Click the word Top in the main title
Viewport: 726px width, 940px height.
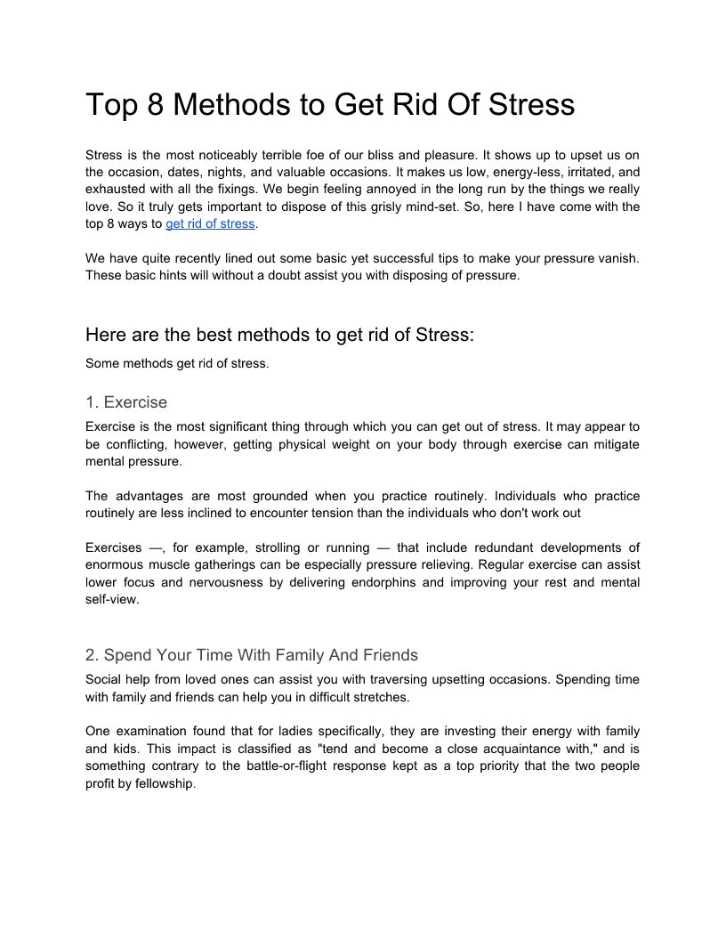(110, 105)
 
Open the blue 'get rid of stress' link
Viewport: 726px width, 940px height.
(210, 223)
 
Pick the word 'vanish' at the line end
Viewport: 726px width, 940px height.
(617, 258)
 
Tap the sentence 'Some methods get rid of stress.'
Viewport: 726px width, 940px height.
(177, 363)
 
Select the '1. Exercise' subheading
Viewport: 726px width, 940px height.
(126, 402)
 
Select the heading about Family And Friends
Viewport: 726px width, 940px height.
(252, 655)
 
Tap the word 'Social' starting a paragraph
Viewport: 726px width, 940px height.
(104, 679)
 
